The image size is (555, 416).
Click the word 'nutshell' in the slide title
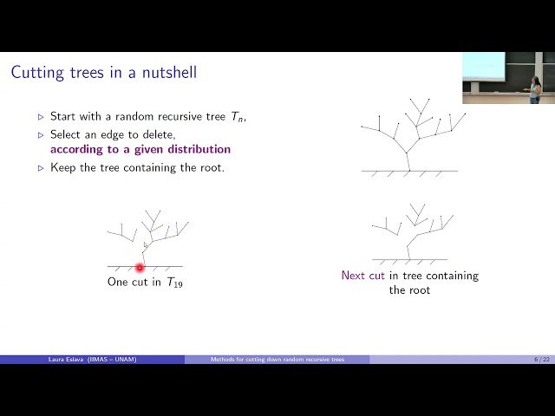pyautogui.click(x=172, y=72)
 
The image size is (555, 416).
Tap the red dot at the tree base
pyautogui.click(x=140, y=268)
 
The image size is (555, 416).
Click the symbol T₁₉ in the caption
pyautogui.click(x=174, y=283)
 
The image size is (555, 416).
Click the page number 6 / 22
pyautogui.click(x=540, y=359)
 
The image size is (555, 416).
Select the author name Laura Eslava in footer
pyautogui.click(x=69, y=359)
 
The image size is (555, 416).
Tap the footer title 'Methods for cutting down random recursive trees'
pyautogui.click(x=277, y=359)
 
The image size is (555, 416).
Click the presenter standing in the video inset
pyautogui.click(x=535, y=88)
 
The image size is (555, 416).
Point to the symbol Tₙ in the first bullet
pyautogui.click(x=237, y=116)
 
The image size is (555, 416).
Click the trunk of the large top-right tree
pyautogui.click(x=408, y=161)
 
